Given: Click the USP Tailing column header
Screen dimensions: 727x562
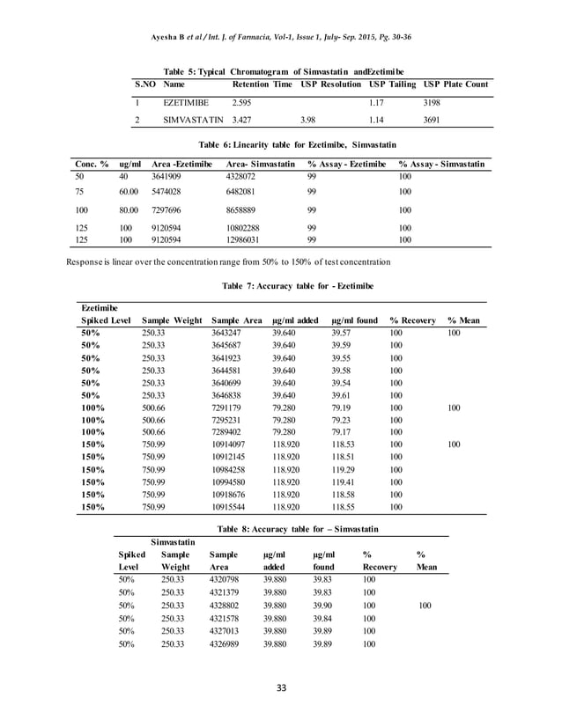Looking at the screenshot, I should coord(391,84).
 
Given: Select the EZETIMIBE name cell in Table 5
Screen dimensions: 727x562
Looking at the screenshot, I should coord(186,103).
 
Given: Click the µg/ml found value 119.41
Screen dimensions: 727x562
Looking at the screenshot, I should coord(345,482).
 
